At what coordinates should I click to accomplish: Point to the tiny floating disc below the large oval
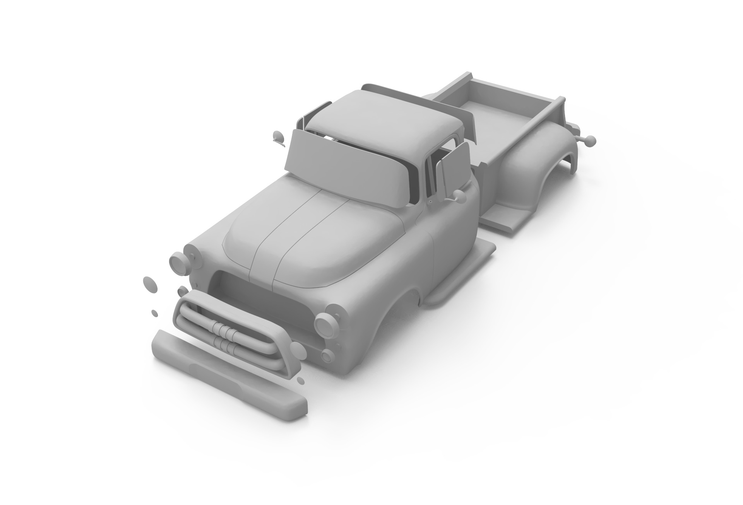coord(154,313)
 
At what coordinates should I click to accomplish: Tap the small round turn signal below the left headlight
coord(327,356)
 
